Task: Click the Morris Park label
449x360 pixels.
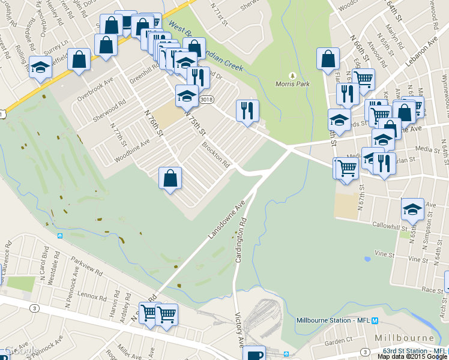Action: [x=292, y=84]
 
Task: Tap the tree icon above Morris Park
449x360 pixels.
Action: [x=292, y=76]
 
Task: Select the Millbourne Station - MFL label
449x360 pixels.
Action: [x=333, y=320]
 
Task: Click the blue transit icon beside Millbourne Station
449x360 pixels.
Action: [x=375, y=320]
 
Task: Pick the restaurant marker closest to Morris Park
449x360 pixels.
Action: [x=247, y=110]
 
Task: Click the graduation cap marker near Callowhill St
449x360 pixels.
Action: [x=412, y=209]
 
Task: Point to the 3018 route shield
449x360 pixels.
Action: [x=206, y=100]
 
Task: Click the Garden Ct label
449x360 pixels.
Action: [x=339, y=340]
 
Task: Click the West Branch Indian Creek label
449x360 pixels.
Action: [x=206, y=47]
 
